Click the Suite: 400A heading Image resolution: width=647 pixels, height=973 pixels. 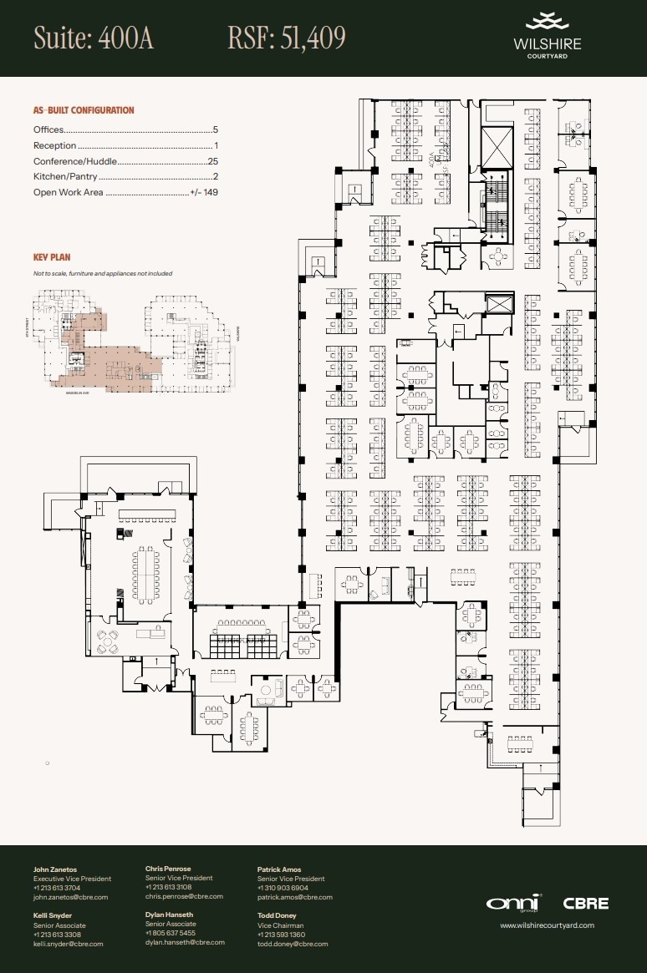(x=94, y=38)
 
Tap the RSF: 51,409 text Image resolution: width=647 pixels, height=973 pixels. (x=287, y=38)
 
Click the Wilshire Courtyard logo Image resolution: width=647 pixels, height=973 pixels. (x=548, y=36)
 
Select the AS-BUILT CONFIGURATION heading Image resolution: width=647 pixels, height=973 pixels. (x=84, y=110)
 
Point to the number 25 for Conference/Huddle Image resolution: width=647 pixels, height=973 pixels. (x=212, y=161)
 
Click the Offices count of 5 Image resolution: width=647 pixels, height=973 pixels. (x=215, y=130)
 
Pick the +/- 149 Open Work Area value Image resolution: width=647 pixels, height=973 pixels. (x=204, y=192)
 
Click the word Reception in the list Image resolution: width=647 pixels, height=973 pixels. (x=54, y=146)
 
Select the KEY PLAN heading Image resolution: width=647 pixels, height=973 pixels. (x=52, y=258)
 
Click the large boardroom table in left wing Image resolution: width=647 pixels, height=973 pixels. (x=145, y=575)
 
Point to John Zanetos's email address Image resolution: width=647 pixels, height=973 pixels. (x=70, y=897)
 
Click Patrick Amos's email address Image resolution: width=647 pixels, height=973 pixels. (x=294, y=897)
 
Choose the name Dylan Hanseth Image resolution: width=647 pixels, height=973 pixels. (x=169, y=915)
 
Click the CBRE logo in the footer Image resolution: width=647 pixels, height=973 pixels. (x=585, y=903)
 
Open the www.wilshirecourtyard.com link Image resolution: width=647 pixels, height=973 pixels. (x=547, y=925)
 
